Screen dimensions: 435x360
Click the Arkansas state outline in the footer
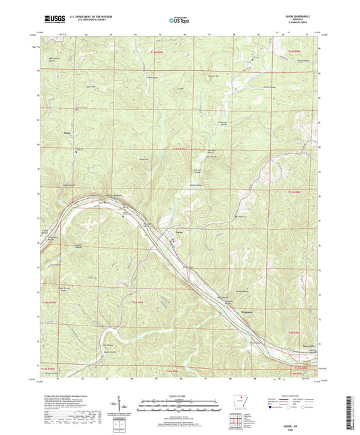[237, 394]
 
